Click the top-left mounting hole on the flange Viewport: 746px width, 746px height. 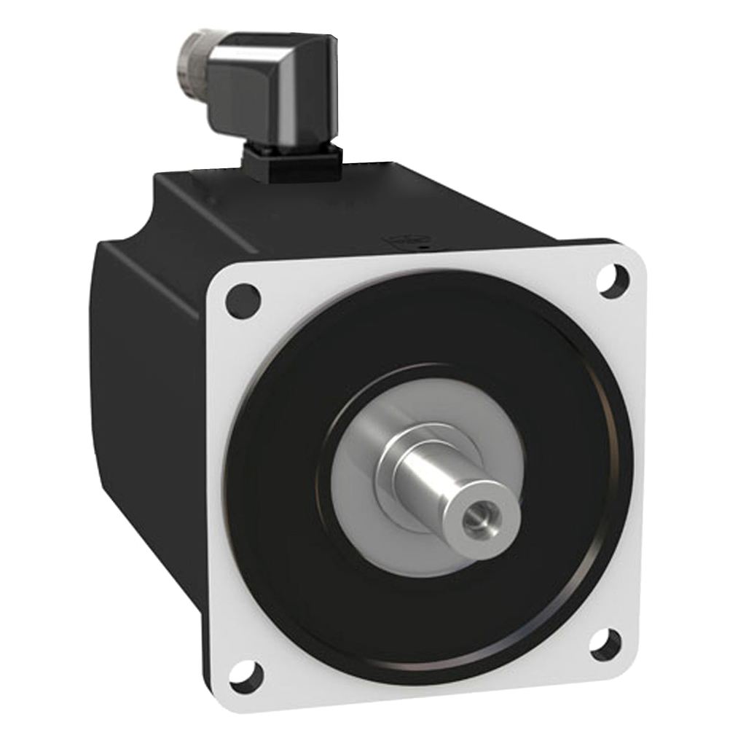(x=243, y=299)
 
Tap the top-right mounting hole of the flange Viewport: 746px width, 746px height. (x=612, y=280)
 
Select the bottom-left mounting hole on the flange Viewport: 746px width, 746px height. (x=245, y=675)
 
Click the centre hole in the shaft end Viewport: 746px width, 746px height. (x=480, y=522)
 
